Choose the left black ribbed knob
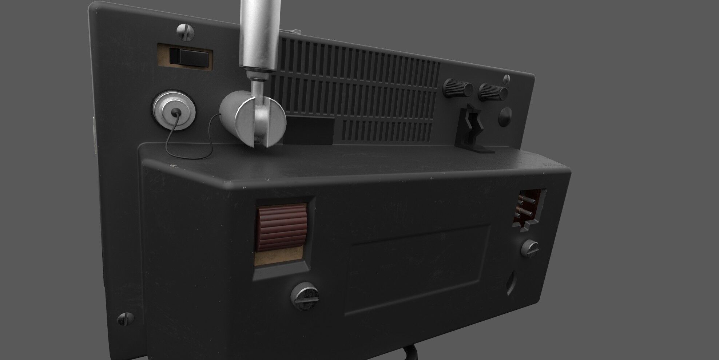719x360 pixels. tap(457, 88)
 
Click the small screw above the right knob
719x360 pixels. tap(506, 79)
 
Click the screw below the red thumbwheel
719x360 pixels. tap(305, 295)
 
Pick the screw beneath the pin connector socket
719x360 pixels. tap(530, 248)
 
